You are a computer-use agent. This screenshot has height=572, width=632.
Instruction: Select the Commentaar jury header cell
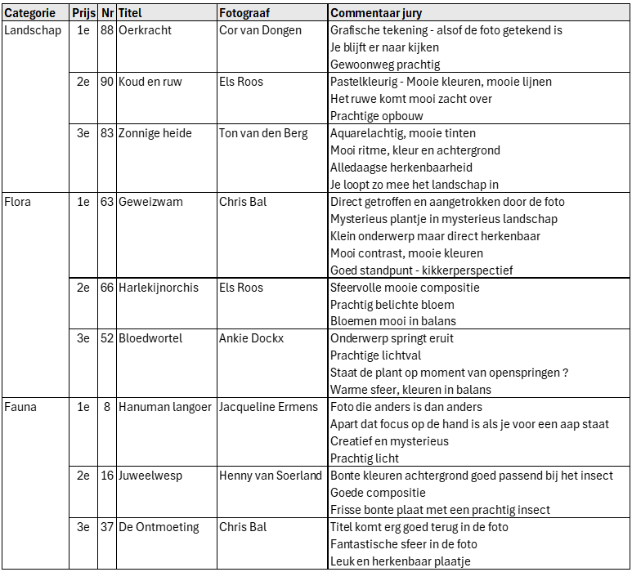pyautogui.click(x=376, y=13)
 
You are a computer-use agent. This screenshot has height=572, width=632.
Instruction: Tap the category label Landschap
pyautogui.click(x=33, y=30)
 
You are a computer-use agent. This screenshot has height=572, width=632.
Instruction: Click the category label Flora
pyautogui.click(x=18, y=202)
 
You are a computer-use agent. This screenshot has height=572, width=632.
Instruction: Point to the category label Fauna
pyautogui.click(x=20, y=407)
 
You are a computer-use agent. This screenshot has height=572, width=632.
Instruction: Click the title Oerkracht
pyautogui.click(x=145, y=30)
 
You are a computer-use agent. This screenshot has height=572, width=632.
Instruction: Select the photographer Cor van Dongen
pyautogui.click(x=260, y=30)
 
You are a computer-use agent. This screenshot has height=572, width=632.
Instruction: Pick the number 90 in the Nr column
pyautogui.click(x=107, y=82)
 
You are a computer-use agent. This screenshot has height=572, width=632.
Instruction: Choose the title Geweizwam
pyautogui.click(x=150, y=202)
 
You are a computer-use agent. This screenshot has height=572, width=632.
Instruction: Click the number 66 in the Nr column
pyautogui.click(x=107, y=288)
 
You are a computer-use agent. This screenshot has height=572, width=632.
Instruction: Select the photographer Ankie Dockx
pyautogui.click(x=251, y=338)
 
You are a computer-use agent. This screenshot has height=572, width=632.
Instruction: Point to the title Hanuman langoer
pyautogui.click(x=164, y=407)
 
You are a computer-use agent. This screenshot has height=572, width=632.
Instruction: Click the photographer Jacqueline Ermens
pyautogui.click(x=268, y=407)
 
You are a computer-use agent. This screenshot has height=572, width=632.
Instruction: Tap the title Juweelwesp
pyautogui.click(x=150, y=476)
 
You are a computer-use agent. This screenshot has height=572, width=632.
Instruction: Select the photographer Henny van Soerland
pyautogui.click(x=271, y=476)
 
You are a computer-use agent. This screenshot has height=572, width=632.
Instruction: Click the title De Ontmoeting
pyautogui.click(x=159, y=527)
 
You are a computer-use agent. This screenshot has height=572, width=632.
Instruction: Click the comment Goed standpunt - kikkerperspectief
pyautogui.click(x=422, y=270)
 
